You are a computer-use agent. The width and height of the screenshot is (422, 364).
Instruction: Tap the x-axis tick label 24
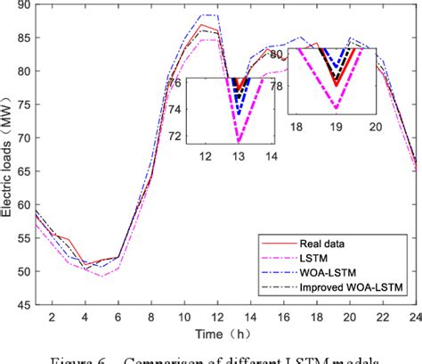click(x=414, y=318)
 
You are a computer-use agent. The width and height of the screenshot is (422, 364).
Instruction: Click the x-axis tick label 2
click(x=53, y=318)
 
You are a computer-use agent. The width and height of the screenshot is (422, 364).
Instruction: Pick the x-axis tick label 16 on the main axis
click(x=282, y=318)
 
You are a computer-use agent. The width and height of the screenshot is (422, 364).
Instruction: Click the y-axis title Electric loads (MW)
click(x=8, y=155)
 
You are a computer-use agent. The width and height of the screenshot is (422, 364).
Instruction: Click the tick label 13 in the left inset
click(x=239, y=155)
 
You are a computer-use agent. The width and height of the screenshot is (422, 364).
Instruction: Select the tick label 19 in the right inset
click(x=337, y=127)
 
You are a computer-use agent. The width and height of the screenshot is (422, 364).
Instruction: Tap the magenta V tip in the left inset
click(x=239, y=140)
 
